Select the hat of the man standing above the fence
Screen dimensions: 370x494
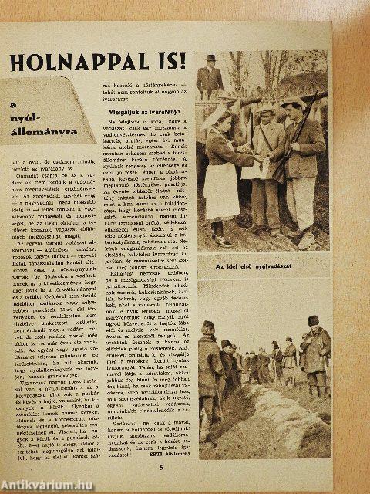tap(211, 59)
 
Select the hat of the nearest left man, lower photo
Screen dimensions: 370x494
tap(208, 327)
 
